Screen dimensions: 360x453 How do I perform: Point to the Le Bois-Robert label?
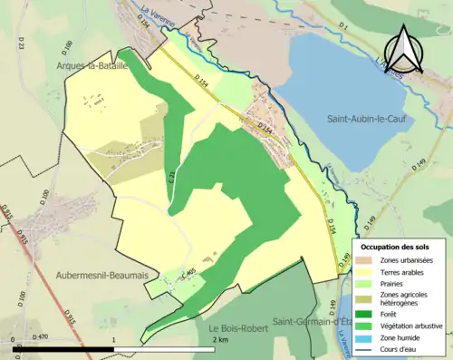[x=237, y=328]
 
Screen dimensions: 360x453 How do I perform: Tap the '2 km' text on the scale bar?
[x=219, y=338]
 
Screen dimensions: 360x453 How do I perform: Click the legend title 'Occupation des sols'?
[x=398, y=246]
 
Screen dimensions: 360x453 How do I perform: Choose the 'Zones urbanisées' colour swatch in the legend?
[x=367, y=258]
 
